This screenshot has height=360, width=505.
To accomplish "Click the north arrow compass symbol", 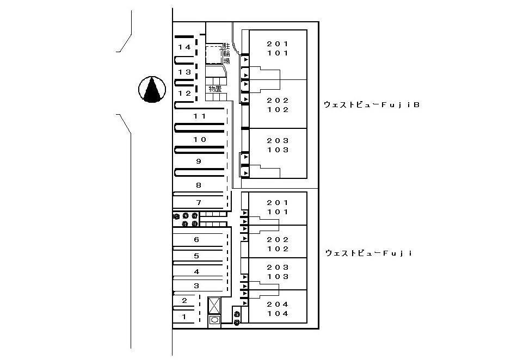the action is tap(152, 89).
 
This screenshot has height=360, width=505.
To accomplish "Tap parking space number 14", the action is tap(184, 47).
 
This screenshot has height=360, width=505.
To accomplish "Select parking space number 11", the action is tap(200, 116).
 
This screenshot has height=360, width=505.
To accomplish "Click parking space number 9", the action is tap(199, 161).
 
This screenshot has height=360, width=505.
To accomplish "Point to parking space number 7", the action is tap(199, 202).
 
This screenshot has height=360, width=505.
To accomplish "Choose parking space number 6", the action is tap(196, 240).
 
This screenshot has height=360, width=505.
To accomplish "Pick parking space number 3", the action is tap(196, 285).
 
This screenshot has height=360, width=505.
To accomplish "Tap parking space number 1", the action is tap(184, 317).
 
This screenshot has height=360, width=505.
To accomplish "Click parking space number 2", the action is tap(184, 301).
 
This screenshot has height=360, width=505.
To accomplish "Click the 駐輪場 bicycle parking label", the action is tap(227, 54).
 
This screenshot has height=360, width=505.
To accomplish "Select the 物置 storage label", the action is tap(215, 89).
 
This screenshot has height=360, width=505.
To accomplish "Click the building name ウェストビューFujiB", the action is tap(372, 105).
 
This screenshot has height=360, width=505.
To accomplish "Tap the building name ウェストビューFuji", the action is tap(369, 253).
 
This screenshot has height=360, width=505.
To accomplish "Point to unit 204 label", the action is tap(278, 304).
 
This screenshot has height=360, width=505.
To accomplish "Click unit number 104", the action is tap(278, 313).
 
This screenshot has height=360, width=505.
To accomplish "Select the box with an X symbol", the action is tap(214, 305).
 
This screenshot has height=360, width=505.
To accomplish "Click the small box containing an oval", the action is tap(214, 320).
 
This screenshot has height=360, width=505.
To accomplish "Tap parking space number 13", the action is tap(184, 72).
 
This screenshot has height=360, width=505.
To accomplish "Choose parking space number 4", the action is tap(196, 272).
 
